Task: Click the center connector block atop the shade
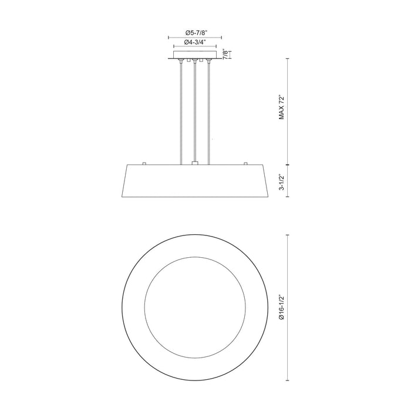[194, 163]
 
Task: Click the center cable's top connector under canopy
[194, 60]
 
